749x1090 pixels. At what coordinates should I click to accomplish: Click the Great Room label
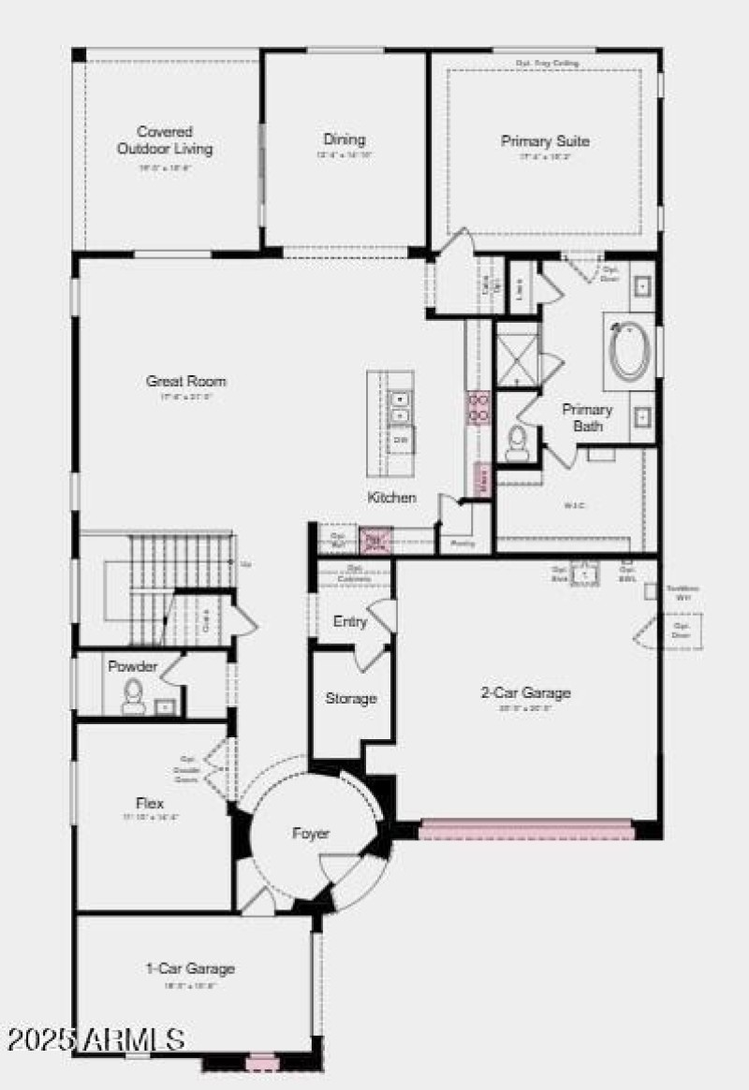point(185,381)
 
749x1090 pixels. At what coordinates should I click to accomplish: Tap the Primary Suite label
point(545,141)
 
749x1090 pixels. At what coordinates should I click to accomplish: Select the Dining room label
point(344,139)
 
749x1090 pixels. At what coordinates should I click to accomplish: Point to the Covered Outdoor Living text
point(165,140)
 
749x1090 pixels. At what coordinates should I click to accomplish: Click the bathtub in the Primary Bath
point(628,351)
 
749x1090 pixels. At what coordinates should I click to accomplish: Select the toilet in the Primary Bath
point(517,443)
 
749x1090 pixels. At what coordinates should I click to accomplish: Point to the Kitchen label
point(391,498)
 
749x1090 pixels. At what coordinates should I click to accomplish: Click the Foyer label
point(311,833)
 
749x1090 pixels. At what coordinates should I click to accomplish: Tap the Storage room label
point(351,698)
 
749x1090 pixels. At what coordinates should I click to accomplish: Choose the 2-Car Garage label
point(525,693)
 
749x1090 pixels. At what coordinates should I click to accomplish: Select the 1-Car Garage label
point(190,968)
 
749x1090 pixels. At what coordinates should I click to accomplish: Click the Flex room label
point(150,803)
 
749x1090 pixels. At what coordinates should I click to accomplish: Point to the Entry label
point(349,621)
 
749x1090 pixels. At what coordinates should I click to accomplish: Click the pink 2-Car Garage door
point(526,830)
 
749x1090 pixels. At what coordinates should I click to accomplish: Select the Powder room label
point(133,667)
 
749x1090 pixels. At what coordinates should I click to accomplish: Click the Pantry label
point(463,543)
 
